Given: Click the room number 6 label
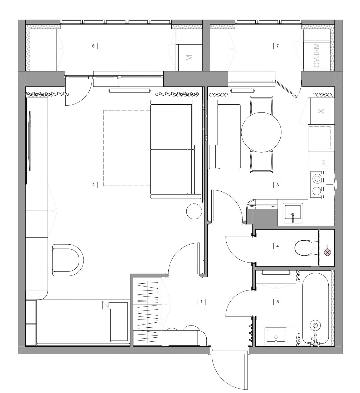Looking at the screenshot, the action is tap(93, 46).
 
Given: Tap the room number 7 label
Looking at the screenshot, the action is tap(278, 46).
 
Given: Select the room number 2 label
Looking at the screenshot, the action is tap(93, 185).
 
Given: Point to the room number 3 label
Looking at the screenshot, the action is tap(278, 185).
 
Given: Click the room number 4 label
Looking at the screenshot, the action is tap(278, 246).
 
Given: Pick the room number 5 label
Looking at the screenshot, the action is tap(278, 302).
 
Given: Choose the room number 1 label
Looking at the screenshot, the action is tap(201, 302).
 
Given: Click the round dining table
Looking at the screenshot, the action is tap(261, 132).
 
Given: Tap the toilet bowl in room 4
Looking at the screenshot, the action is tap(304, 248).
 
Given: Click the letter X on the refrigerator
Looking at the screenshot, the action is tap(321, 111).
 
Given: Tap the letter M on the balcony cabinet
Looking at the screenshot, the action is tap(189, 58).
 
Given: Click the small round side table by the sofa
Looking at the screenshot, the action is tap(194, 211).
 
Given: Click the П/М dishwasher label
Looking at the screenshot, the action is tap(324, 164).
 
